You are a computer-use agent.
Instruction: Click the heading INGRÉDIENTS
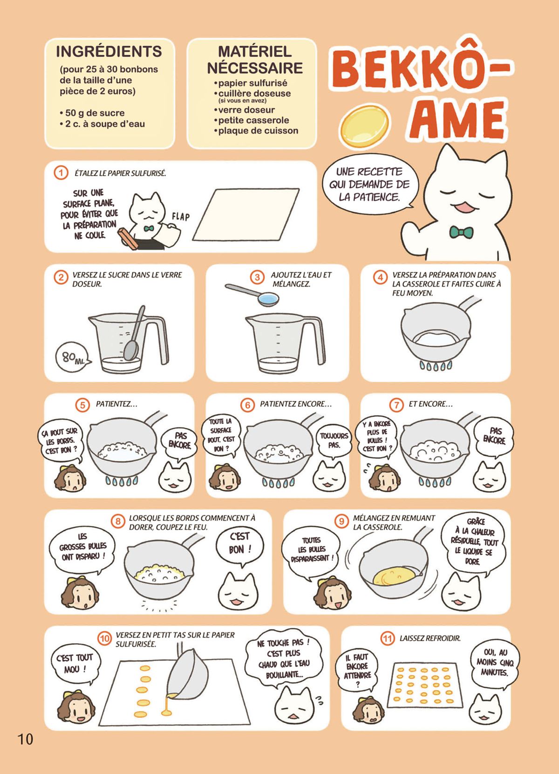click(x=109, y=51)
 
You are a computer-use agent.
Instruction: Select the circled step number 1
click(x=61, y=173)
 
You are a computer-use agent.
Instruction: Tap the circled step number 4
click(x=381, y=277)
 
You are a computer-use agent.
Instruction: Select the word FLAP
click(x=181, y=217)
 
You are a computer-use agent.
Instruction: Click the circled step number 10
click(x=104, y=638)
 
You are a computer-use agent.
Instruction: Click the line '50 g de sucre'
click(x=92, y=113)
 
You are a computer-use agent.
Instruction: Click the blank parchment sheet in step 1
click(x=246, y=214)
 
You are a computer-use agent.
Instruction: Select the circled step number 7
click(x=396, y=405)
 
